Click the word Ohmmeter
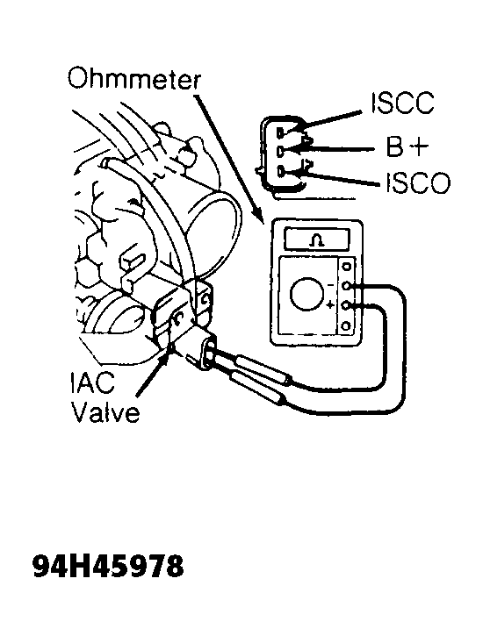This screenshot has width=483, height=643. (134, 79)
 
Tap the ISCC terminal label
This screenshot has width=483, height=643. (401, 103)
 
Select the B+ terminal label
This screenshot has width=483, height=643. (407, 146)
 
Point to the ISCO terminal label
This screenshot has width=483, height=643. (418, 182)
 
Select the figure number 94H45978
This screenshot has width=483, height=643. (108, 567)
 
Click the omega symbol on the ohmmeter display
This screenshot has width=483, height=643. (316, 240)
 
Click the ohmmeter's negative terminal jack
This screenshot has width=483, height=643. (347, 286)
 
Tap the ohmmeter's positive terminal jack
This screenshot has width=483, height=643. (347, 305)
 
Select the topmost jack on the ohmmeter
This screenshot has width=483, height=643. (347, 266)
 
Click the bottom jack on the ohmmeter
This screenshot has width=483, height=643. (347, 326)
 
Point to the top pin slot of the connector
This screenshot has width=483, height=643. (280, 132)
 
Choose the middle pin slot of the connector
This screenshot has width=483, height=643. (280, 151)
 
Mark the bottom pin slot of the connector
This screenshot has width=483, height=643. (280, 170)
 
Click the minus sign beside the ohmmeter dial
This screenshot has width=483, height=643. (330, 284)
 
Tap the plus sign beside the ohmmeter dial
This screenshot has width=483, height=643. (329, 305)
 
